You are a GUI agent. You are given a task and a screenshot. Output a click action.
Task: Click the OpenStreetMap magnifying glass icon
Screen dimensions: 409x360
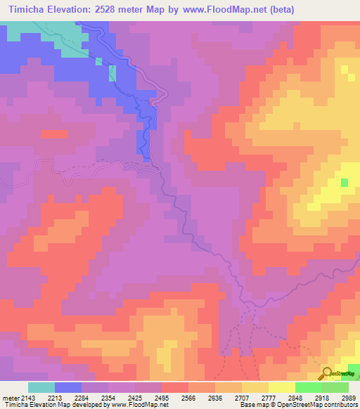tap(328, 374)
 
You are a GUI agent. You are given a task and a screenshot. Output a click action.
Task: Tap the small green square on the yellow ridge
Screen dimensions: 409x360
tap(345, 183)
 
